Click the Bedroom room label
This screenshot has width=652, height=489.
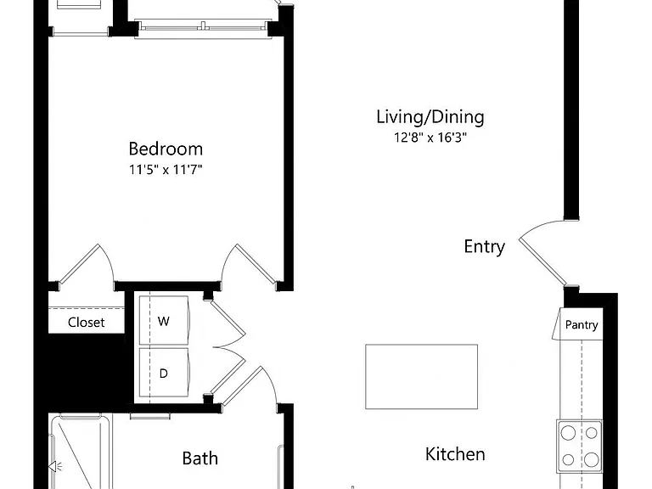pyautogui.click(x=166, y=149)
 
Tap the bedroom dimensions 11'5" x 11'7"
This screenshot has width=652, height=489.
pyautogui.click(x=166, y=170)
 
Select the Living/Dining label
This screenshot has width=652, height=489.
pyautogui.click(x=430, y=117)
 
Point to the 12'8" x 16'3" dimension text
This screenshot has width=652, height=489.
pyautogui.click(x=430, y=138)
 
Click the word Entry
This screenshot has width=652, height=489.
pyautogui.click(x=485, y=246)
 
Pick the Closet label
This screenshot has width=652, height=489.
pyautogui.click(x=86, y=323)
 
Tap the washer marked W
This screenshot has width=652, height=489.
pyautogui.click(x=164, y=320)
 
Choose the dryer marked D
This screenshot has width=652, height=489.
pyautogui.click(x=164, y=373)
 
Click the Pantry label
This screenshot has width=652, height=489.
pyautogui.click(x=582, y=325)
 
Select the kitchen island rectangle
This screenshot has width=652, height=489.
pyautogui.click(x=421, y=376)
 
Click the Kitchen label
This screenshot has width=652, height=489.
pyautogui.click(x=455, y=454)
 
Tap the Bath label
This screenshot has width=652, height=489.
pyautogui.click(x=200, y=458)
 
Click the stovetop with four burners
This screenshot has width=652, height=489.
pyautogui.click(x=579, y=447)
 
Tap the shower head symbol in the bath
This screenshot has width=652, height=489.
pyautogui.click(x=54, y=467)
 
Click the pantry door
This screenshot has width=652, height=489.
pyautogui.click(x=557, y=324)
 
